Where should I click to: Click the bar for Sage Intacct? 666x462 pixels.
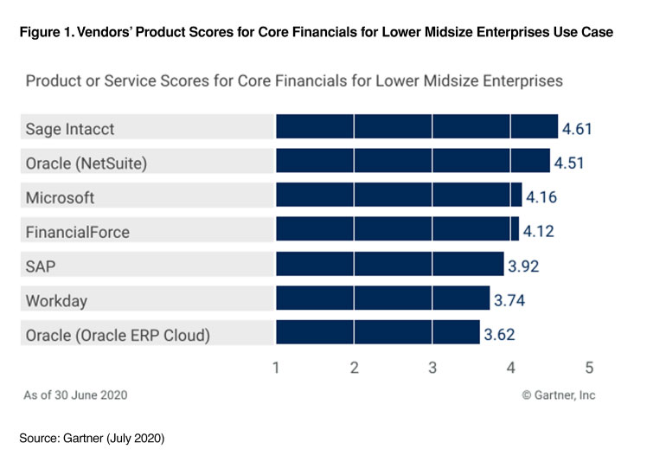[x=417, y=127]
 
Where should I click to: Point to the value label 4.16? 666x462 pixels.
[x=541, y=197]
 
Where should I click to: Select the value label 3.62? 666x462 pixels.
[x=499, y=335]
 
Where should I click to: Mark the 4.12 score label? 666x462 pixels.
[x=537, y=232]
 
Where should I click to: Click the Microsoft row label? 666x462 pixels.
[x=60, y=197]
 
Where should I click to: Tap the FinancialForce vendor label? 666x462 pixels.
[x=79, y=232]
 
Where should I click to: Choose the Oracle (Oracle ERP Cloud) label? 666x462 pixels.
[x=118, y=335]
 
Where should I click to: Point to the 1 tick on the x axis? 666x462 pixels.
[x=276, y=368]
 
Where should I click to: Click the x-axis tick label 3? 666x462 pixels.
[x=432, y=368]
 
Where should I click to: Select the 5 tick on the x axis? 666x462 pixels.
[x=589, y=368]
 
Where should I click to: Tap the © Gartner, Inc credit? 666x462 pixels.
[x=558, y=395]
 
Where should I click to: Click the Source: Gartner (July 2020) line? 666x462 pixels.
[x=92, y=440]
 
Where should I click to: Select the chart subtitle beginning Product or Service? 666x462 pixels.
[x=294, y=81]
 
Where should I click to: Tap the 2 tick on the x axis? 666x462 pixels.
[x=354, y=368]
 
